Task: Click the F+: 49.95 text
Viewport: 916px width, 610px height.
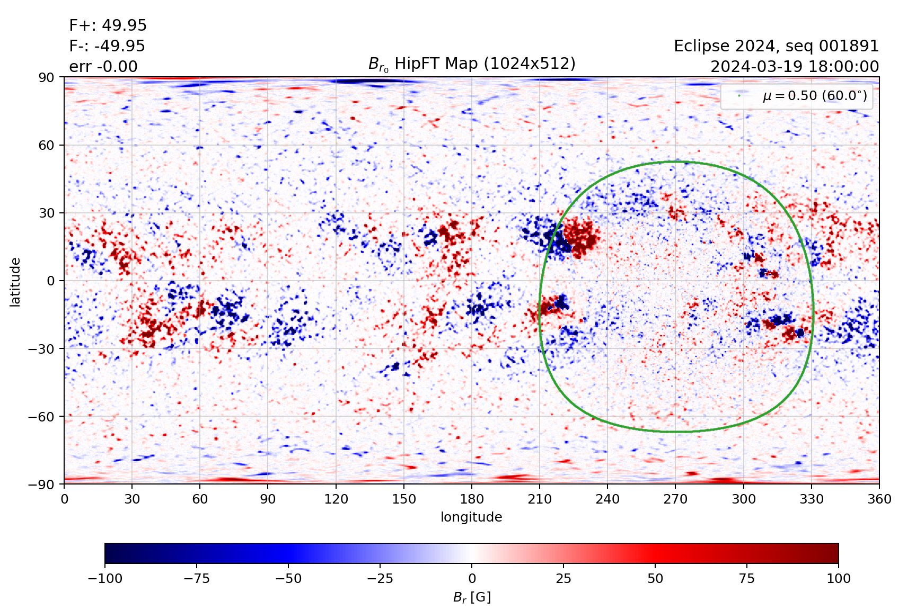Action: point(108,25)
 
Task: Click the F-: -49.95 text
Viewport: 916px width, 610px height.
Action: point(107,46)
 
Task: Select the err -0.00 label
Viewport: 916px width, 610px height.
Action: point(103,67)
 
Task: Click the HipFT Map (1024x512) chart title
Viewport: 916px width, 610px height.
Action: point(471,64)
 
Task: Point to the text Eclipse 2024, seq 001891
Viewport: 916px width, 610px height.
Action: point(776,46)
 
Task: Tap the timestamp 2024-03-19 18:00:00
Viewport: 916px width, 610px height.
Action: point(794,67)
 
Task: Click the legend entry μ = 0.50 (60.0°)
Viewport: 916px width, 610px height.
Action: point(814,96)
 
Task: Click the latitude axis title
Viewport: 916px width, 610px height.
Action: point(15,282)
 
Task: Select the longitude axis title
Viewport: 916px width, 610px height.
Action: point(471,517)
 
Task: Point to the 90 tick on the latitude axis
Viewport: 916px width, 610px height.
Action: point(46,77)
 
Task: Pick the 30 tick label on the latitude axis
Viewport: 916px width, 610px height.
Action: point(46,213)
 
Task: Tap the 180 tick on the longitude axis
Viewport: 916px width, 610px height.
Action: point(472,499)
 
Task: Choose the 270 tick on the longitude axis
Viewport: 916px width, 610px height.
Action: point(675,499)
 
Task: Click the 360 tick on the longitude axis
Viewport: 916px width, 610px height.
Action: point(879,499)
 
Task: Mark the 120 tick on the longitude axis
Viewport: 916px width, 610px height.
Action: point(336,499)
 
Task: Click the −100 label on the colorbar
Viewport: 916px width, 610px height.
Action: point(105,578)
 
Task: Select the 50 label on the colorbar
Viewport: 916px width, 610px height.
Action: point(655,578)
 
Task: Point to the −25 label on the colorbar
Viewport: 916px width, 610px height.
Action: point(380,578)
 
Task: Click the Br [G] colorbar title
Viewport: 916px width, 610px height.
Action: point(471,597)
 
